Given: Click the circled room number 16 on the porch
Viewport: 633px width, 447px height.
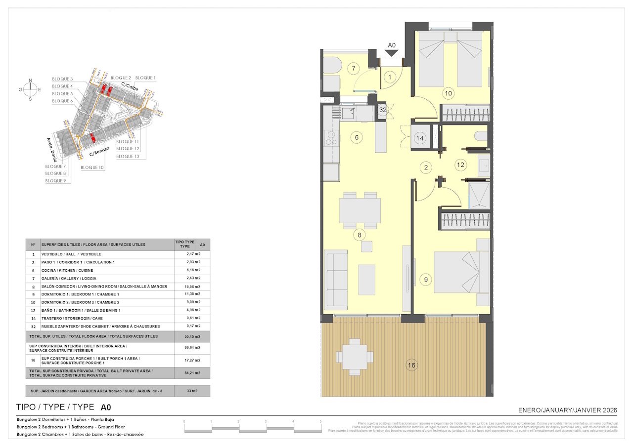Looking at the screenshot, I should coord(411,366).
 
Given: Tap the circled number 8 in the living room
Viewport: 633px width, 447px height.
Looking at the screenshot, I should coord(360,235).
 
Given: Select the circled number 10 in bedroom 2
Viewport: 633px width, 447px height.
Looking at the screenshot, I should coord(448,93).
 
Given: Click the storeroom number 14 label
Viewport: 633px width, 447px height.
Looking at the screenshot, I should coord(420,138).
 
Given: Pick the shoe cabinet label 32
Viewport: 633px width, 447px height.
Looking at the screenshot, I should coord(383,110).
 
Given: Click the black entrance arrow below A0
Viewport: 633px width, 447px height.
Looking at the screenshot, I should coord(392,53).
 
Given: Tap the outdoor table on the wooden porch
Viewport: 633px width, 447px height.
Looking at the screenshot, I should coord(354,356).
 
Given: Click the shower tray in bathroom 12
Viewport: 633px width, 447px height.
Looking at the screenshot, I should coord(479,195).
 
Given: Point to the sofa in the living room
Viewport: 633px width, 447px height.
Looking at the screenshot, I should coord(336,280).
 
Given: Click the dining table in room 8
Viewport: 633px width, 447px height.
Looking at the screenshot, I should coord(360,210).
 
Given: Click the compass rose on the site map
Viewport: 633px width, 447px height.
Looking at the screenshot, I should coord(31,89).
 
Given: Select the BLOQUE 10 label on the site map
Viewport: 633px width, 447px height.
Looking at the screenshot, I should coord(92,167).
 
